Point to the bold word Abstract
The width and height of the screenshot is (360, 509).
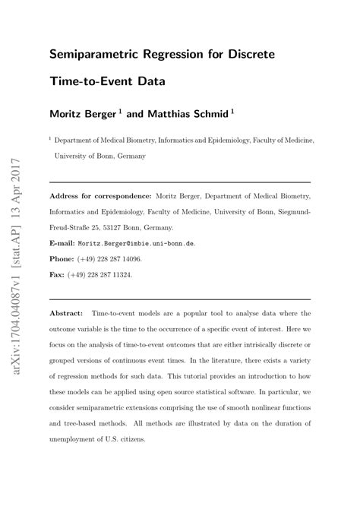68,313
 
